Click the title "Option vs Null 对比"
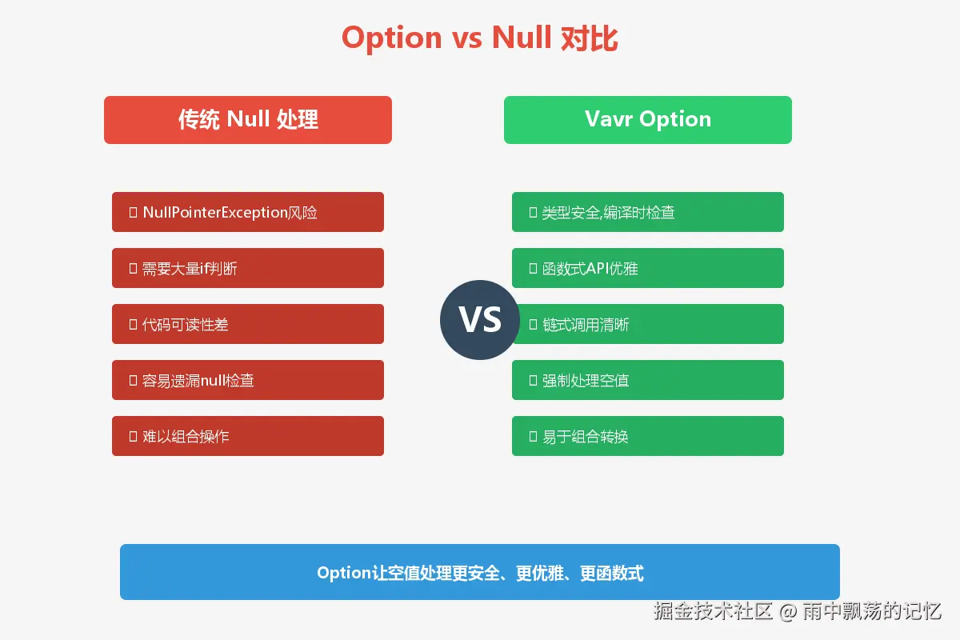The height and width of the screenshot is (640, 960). pyautogui.click(x=479, y=38)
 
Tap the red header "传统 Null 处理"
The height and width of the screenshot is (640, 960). pyautogui.click(x=248, y=119)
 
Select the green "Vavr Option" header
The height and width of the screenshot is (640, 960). pyautogui.click(x=647, y=119)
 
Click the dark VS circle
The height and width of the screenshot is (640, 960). pyautogui.click(x=479, y=320)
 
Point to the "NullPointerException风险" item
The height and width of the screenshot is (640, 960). pyautogui.click(x=248, y=212)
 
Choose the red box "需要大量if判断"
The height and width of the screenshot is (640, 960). pyautogui.click(x=248, y=268)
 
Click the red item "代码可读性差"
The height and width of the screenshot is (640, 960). pyautogui.click(x=248, y=324)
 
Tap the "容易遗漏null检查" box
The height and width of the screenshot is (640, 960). pyautogui.click(x=248, y=380)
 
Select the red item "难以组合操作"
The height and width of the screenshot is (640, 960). pyautogui.click(x=248, y=436)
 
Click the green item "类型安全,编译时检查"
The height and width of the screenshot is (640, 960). pyautogui.click(x=647, y=212)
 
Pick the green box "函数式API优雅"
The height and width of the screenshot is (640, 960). pyautogui.click(x=647, y=268)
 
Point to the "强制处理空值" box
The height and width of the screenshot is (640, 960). pyautogui.click(x=647, y=380)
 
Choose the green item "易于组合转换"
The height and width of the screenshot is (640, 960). pyautogui.click(x=647, y=436)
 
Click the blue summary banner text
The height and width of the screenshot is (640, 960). pyautogui.click(x=480, y=573)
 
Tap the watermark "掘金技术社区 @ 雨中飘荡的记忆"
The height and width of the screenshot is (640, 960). pyautogui.click(x=797, y=611)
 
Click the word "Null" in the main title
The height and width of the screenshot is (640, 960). pyautogui.click(x=522, y=38)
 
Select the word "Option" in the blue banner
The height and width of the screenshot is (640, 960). pyautogui.click(x=344, y=574)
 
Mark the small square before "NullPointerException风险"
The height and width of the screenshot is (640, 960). pyautogui.click(x=133, y=212)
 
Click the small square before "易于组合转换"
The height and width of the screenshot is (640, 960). pyautogui.click(x=533, y=436)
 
